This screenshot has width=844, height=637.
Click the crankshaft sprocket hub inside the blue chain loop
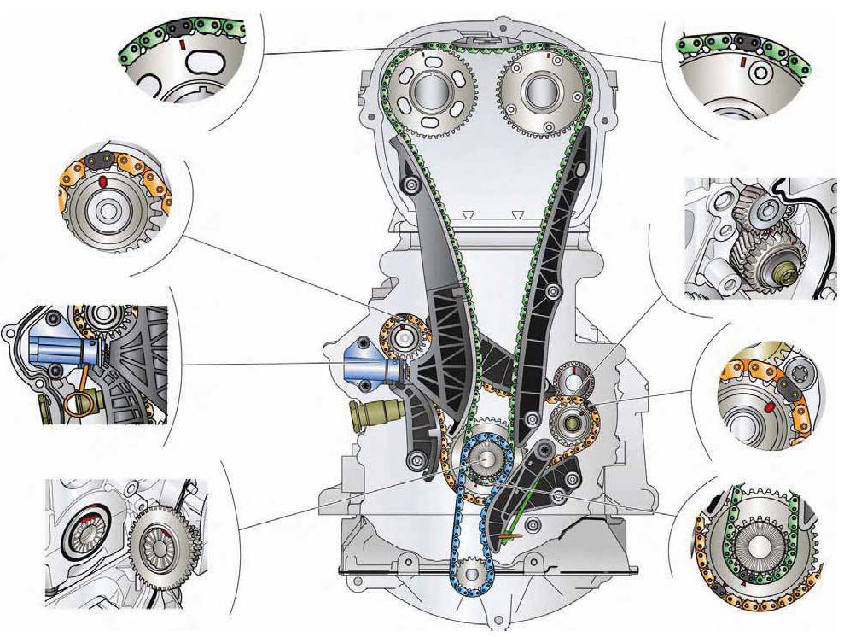483,459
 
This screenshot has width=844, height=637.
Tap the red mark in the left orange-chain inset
102,183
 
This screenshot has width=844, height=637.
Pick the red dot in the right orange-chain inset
771,407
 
